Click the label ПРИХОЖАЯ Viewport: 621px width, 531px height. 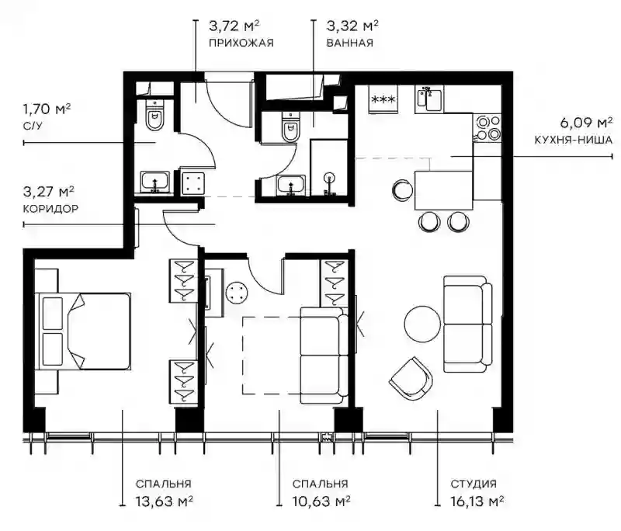pos(241,43)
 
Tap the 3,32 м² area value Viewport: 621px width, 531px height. pos(352,26)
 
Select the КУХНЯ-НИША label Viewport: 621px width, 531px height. pos(573,140)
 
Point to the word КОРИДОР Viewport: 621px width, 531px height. pos(50,208)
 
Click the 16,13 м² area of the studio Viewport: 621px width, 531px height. pos(477,501)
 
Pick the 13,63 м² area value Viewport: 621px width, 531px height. pos(164,501)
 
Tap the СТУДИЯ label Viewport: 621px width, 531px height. pos(474,484)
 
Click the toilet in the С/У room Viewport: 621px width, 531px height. pos(154,115)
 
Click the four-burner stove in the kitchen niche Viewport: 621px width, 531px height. pos(487,127)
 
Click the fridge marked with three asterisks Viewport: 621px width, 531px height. pos(383,99)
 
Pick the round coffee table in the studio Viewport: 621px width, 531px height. pos(422,324)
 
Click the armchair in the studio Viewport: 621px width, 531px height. pos(411,378)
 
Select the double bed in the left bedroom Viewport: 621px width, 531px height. pos(84,331)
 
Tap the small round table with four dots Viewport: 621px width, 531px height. pos(238,293)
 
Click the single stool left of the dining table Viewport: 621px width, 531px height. pos(403,190)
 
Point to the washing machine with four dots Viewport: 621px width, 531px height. pos(193,183)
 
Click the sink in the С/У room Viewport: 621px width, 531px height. pos(155,182)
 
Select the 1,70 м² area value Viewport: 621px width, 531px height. pos(47,109)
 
